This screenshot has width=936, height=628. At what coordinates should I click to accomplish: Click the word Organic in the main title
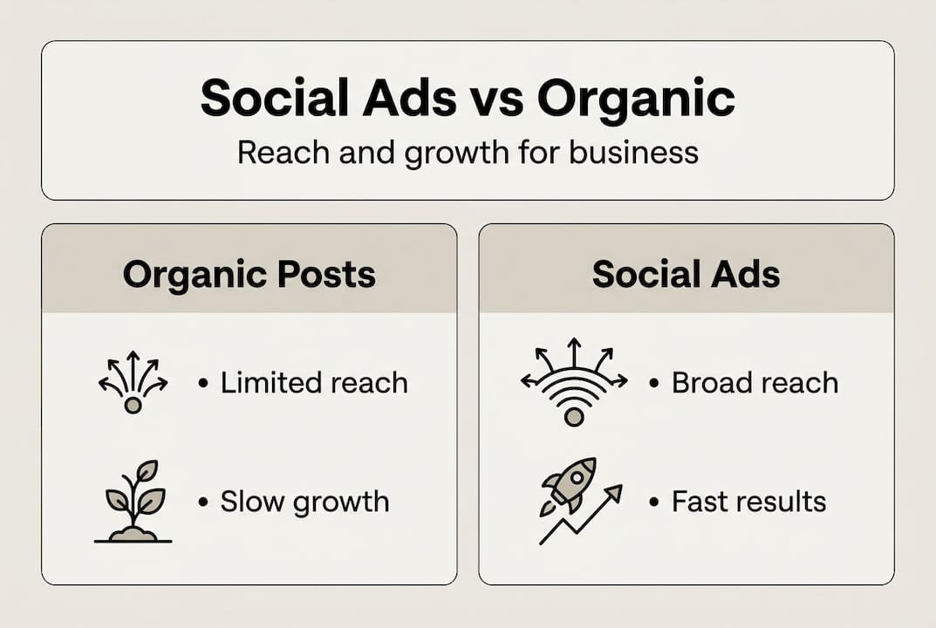[636, 98]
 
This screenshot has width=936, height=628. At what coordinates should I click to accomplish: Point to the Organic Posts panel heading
[249, 275]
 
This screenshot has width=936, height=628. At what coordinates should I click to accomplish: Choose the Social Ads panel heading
[686, 275]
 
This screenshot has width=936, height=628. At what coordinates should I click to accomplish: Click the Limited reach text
[313, 382]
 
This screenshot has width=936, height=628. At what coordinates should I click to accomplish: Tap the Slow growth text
[304, 502]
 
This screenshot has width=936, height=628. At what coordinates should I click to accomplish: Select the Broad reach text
[755, 382]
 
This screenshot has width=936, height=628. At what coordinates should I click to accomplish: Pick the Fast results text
[748, 502]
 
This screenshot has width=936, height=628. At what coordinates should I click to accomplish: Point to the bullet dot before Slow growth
[203, 502]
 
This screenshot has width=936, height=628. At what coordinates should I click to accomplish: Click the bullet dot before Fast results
[654, 502]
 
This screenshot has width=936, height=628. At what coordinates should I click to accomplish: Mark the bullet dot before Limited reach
[203, 382]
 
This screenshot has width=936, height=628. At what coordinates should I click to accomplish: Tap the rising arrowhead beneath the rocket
[614, 493]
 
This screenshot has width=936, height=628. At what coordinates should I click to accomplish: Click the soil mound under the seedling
[133, 531]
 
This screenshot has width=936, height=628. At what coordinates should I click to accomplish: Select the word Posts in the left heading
[327, 275]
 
